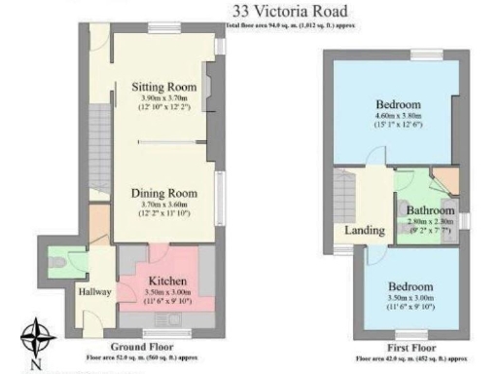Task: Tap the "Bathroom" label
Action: (430, 210)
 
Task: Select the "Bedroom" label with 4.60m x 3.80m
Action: (398, 104)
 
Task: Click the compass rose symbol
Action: (38, 338)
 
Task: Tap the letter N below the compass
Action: (38, 365)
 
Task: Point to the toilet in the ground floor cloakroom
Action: (58, 261)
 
